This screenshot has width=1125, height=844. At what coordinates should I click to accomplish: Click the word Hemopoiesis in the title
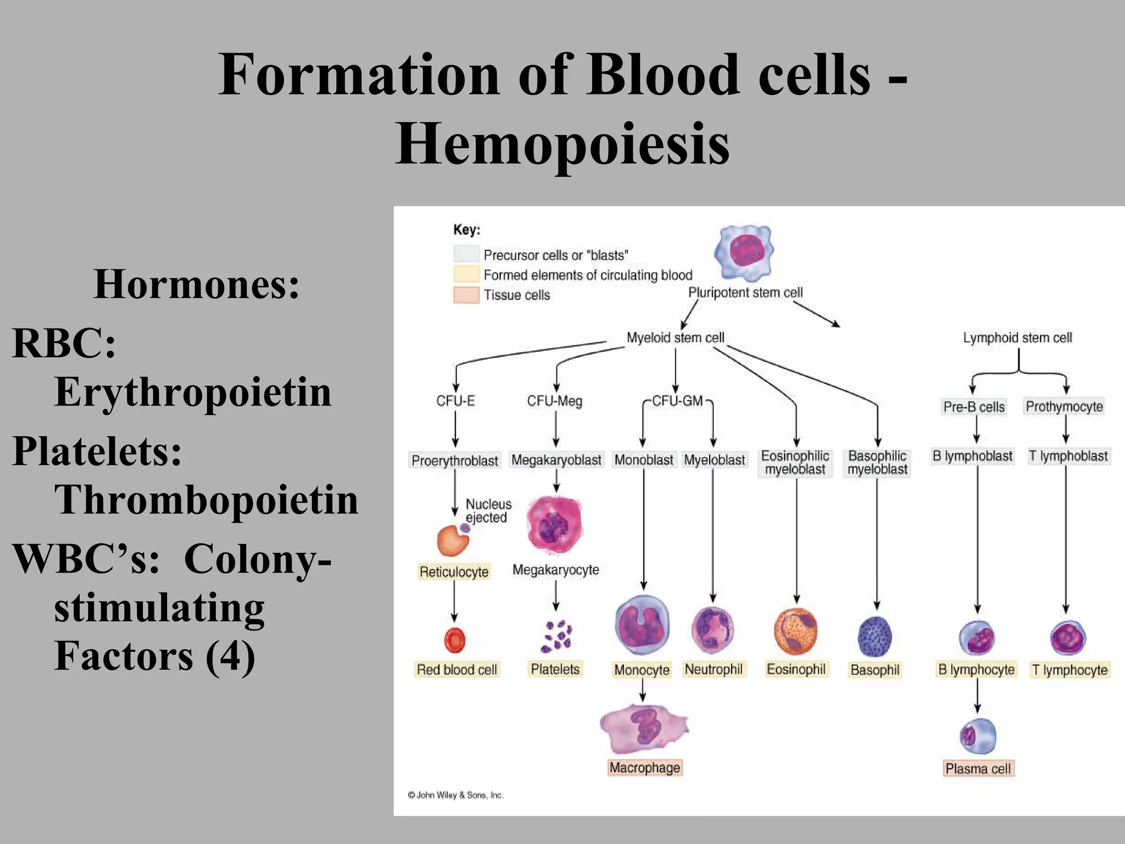point(562,144)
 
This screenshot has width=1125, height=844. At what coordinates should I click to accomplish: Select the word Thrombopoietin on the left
point(206,500)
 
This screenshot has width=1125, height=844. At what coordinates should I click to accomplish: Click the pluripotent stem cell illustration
point(744,252)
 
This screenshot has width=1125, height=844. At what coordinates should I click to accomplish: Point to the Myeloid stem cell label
point(675,337)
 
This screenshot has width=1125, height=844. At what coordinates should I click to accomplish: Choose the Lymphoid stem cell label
point(1017,337)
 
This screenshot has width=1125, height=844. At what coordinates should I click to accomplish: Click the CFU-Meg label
point(554,401)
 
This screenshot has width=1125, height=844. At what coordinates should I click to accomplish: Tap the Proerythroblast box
point(455,460)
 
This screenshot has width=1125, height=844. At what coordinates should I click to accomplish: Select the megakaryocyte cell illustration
point(554,525)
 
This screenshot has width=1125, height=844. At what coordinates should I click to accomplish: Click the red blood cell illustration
point(454,640)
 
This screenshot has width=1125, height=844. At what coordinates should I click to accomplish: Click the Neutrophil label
point(713,669)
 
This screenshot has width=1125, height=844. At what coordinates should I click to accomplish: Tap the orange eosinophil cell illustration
point(795,631)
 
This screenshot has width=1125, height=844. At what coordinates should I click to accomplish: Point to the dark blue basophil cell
point(875,636)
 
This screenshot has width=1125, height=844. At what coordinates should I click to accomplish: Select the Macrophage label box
point(645,768)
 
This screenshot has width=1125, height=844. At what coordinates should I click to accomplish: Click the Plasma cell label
point(978,769)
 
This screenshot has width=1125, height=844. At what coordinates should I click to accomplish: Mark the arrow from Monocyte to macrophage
point(643,691)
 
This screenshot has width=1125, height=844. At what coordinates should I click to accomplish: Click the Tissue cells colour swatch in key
point(466,295)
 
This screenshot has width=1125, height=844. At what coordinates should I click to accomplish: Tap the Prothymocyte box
point(1064,407)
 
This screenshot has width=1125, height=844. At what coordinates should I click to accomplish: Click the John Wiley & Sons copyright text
point(455,795)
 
